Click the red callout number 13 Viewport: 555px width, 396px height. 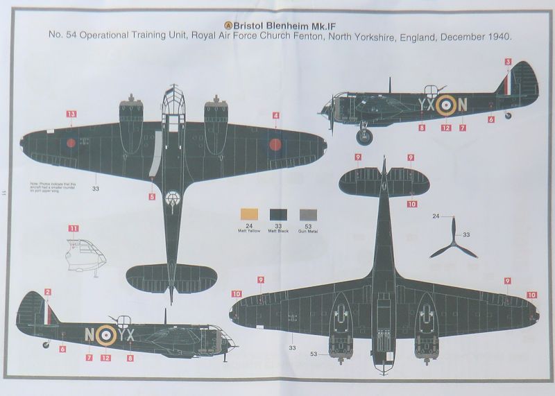(71, 114)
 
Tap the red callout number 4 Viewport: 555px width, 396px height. (276, 115)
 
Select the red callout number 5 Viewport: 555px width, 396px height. (152, 197)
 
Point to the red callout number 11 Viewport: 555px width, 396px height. (74, 227)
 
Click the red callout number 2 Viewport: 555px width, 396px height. (48, 292)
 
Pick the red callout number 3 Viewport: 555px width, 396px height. (508, 62)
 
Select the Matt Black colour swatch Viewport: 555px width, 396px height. (279, 214)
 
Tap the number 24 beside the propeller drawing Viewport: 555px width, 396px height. (436, 217)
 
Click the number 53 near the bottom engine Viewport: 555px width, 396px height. (314, 354)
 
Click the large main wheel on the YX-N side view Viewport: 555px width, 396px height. (365, 135)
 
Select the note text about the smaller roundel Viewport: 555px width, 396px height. (53, 188)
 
